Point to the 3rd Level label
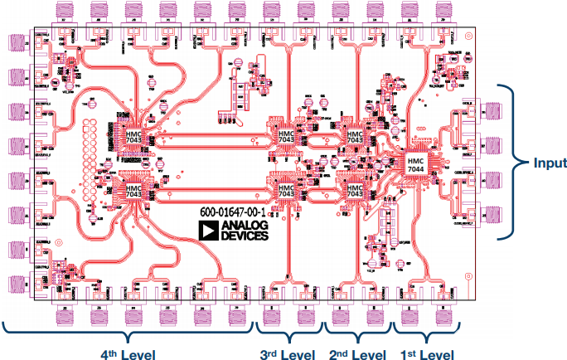pos(288,353)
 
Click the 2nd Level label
pos(356,353)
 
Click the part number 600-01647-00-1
pos(237,212)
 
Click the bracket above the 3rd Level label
pos(288,336)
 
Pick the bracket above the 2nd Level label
pos(356,336)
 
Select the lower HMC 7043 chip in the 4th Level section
pos(133,192)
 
